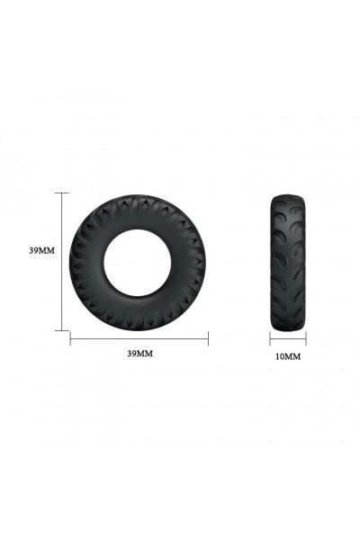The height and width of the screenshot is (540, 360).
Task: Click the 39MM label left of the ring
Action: [x=41, y=251]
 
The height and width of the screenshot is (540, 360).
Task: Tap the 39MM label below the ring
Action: [x=139, y=354]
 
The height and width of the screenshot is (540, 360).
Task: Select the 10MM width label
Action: [x=288, y=356]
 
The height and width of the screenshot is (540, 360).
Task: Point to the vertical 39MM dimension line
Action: [x=62, y=262]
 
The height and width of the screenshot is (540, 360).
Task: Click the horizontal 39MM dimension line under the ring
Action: [x=139, y=338]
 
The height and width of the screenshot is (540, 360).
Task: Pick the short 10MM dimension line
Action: [x=288, y=339]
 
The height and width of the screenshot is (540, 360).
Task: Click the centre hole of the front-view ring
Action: [x=138, y=263]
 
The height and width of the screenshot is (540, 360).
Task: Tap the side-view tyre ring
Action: [x=288, y=263]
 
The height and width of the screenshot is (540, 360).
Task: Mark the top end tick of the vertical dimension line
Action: [x=62, y=193]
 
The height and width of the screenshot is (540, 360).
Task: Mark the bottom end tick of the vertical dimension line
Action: [x=62, y=330]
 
